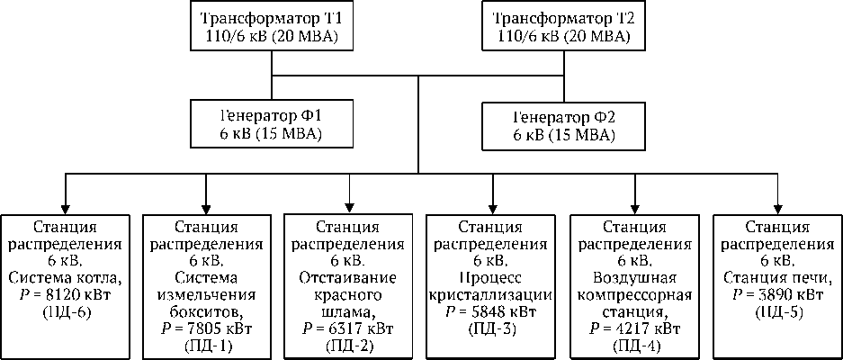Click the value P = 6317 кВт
tap(349, 328)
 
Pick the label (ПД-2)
tap(349, 346)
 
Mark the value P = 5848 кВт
tap(491, 312)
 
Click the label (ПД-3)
tap(491, 328)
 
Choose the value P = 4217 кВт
tap(634, 328)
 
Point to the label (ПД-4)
tap(634, 346)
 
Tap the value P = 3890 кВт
tap(776, 295)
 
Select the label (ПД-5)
tap(776, 312)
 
